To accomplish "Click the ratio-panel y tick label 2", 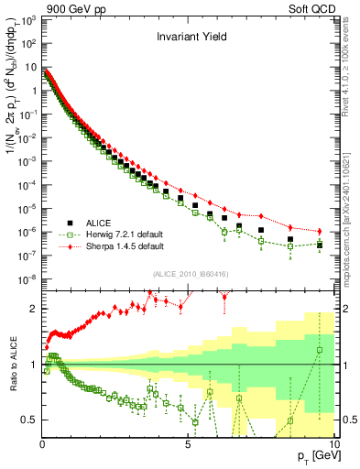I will click(33, 309).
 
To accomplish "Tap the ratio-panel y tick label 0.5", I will click(28, 420).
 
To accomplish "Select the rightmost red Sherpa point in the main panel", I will click(319, 231).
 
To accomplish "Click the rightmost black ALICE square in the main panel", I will click(319, 245).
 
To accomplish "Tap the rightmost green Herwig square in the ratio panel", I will click(319, 350).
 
